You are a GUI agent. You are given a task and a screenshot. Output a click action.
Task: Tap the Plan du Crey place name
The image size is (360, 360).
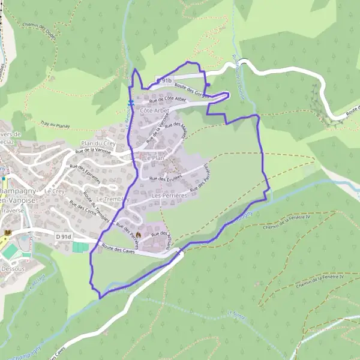96,144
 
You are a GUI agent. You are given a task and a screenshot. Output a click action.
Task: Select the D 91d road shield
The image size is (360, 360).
64,237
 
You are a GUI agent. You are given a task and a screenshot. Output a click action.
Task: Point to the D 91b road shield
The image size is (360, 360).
164,80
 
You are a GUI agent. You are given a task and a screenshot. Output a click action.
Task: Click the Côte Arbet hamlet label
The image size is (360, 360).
154,111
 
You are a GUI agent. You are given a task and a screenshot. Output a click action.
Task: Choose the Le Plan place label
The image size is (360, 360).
153,157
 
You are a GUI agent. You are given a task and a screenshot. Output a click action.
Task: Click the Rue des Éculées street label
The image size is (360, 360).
166,178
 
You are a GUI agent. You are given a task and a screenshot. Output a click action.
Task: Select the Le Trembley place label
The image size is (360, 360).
109,199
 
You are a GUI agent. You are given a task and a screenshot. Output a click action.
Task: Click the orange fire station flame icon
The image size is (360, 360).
139,233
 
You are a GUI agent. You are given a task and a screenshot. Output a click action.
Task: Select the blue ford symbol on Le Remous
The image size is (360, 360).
130,103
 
